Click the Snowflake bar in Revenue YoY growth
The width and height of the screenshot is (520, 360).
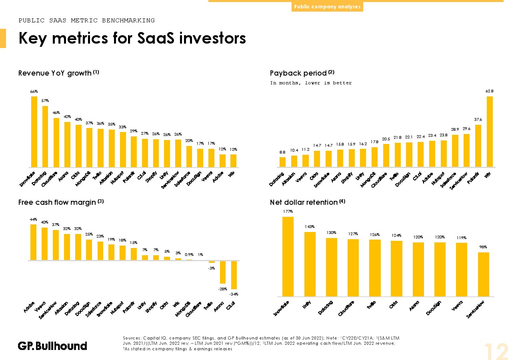pyautogui.click(x=34, y=132)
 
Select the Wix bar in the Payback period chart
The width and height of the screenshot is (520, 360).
pyautogui.click(x=490, y=132)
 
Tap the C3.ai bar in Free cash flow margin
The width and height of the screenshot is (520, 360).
pyautogui.click(x=234, y=275)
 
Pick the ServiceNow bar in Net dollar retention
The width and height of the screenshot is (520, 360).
pyautogui.click(x=484, y=274)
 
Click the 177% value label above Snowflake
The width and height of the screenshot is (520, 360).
pyautogui.click(x=288, y=211)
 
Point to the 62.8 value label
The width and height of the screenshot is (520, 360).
pyautogui.click(x=490, y=91)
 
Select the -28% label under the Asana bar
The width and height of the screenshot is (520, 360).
pyautogui.click(x=223, y=288)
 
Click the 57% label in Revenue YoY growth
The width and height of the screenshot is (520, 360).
pyautogui.click(x=45, y=101)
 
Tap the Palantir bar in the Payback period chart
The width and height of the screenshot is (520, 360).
pyautogui.click(x=478, y=146)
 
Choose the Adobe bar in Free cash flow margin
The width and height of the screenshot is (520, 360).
pyautogui.click(x=34, y=242)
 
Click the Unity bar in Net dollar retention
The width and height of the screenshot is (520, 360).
pyautogui.click(x=310, y=264)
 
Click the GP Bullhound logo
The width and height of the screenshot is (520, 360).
pyautogui.click(x=52, y=346)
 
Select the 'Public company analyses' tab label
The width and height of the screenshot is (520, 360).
pyautogui.click(x=327, y=7)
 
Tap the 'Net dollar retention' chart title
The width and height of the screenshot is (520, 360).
pyautogui.click(x=304, y=202)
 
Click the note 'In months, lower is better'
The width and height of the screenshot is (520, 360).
pyautogui.click(x=311, y=83)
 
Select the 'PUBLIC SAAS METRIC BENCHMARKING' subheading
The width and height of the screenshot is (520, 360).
pyautogui.click(x=87, y=20)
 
